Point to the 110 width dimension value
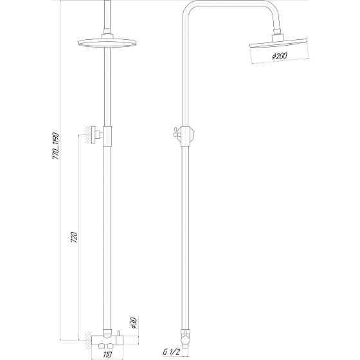(108, 353)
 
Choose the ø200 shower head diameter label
(280, 57)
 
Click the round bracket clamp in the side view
(187, 135)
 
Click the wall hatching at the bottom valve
(84, 336)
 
